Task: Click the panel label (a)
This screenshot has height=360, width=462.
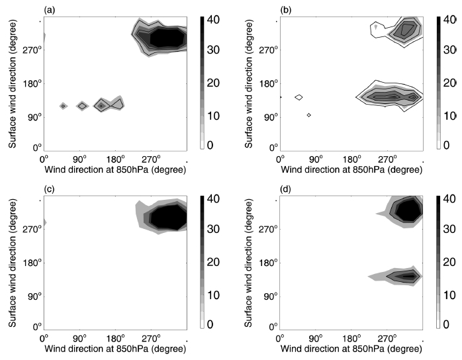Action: coord(50,9)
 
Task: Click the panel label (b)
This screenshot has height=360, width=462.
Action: coord(286,9)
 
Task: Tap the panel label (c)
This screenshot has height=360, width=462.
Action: coord(50,190)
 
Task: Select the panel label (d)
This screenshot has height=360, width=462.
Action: coord(286,190)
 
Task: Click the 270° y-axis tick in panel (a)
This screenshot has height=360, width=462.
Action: coord(34,50)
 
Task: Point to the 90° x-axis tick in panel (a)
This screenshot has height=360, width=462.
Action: coord(79,159)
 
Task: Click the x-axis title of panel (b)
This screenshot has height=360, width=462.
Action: coord(351,170)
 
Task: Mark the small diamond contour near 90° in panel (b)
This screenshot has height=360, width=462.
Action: coord(308,115)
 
